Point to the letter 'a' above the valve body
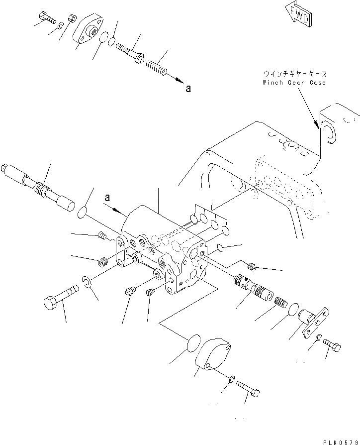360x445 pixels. pos(107,199)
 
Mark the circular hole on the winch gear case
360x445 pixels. pos(329,131)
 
